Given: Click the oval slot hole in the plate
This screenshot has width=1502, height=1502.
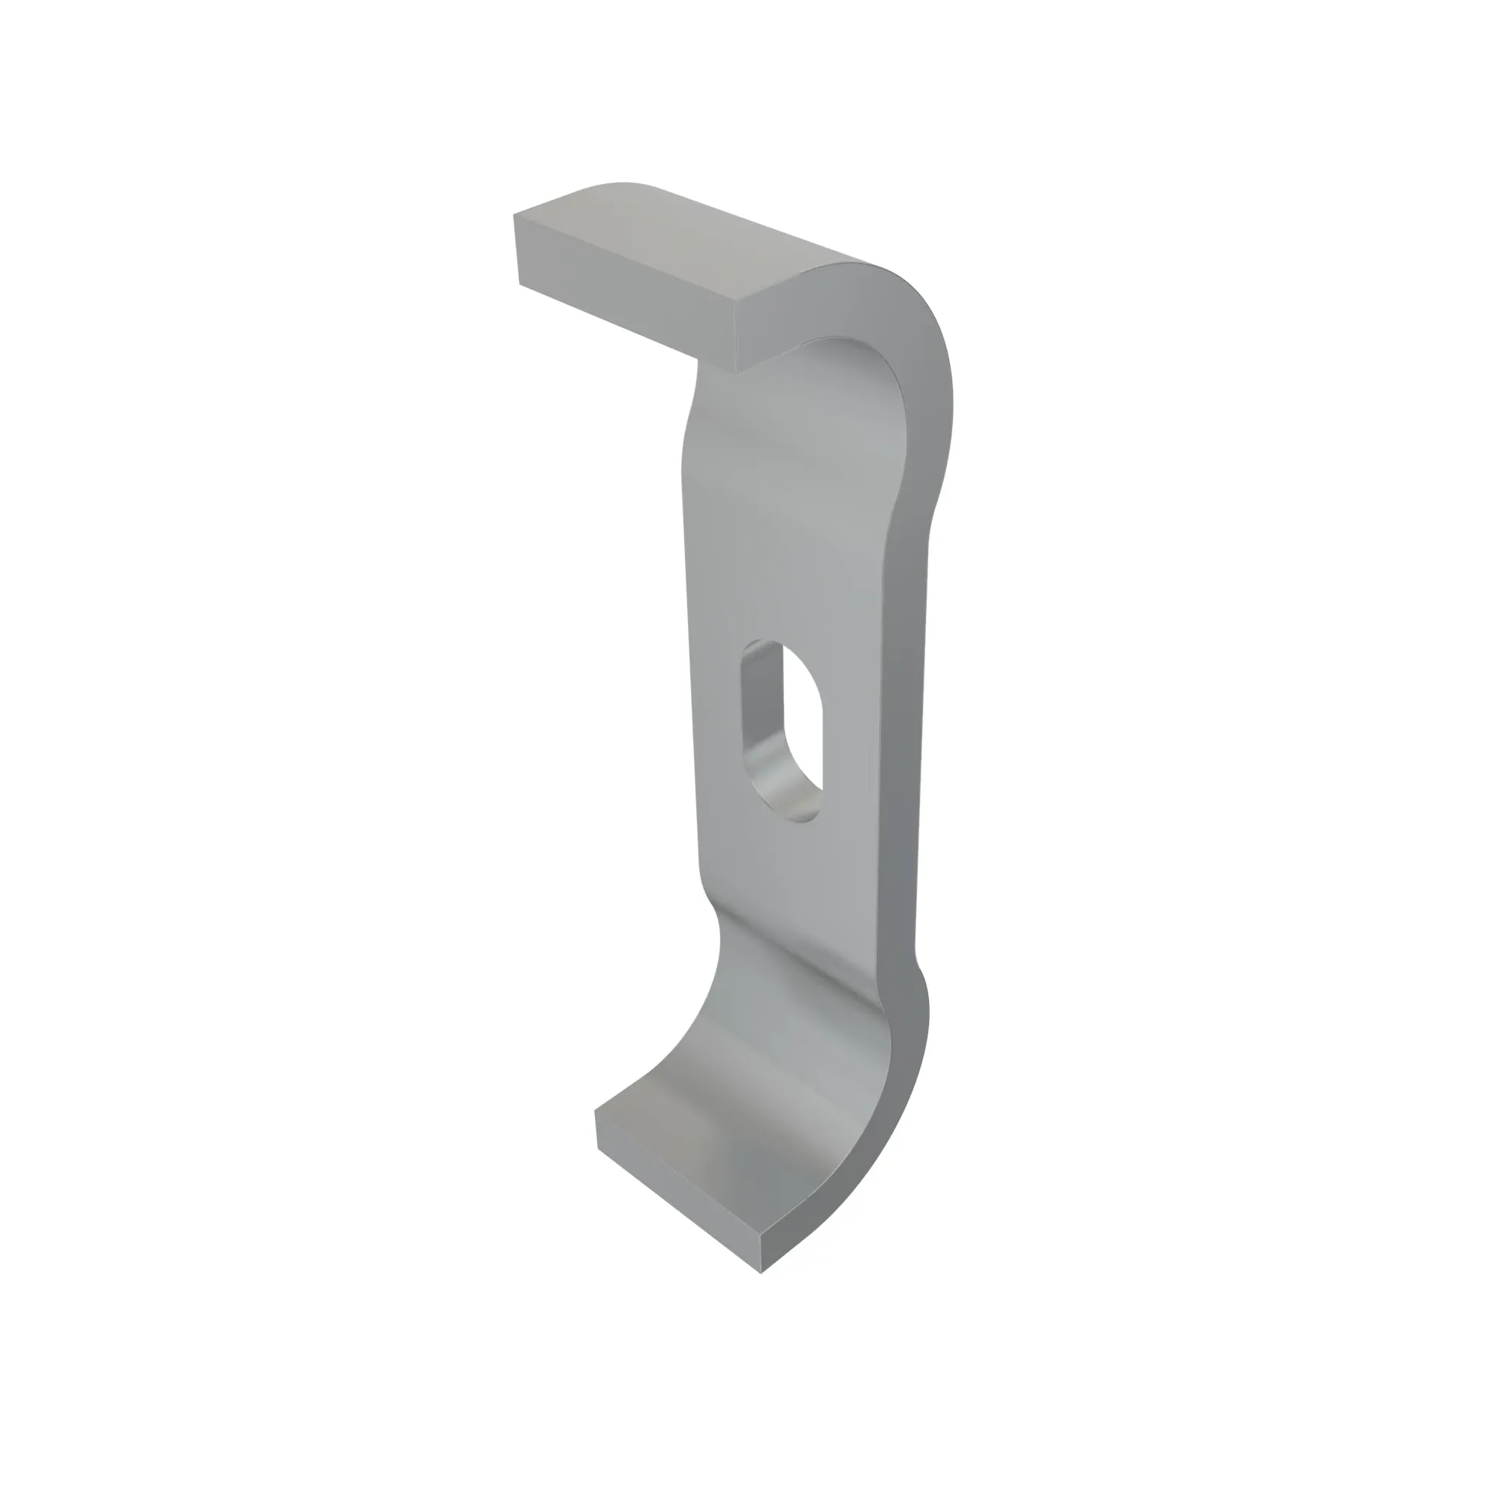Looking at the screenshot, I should click(780, 728).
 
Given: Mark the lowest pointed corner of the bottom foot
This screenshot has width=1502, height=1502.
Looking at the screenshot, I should click(761, 1272).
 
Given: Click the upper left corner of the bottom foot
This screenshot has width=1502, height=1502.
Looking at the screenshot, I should click(596, 1112).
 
